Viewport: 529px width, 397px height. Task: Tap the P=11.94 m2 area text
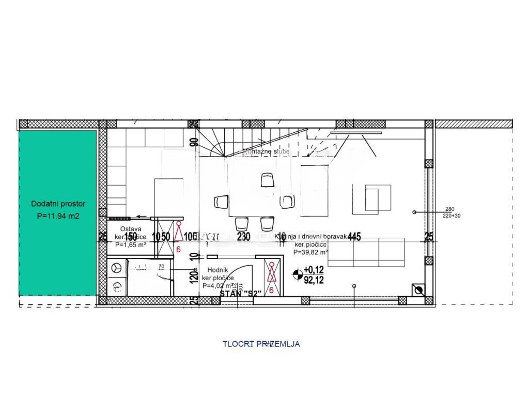coord(58,216)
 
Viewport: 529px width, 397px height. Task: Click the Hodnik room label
coord(218,270)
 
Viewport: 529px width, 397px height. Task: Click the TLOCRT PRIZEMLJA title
coord(261,343)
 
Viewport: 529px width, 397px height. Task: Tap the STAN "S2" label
coord(241,293)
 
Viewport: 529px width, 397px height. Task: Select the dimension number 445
coord(354,237)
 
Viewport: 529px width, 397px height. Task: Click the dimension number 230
coord(243,237)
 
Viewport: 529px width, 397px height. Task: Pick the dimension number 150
coord(131,237)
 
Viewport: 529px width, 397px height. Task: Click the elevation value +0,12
coord(313,269)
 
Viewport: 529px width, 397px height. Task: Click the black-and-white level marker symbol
coord(298,274)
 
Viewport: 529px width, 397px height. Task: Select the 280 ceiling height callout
coord(449,209)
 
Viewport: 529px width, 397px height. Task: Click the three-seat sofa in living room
coord(366,252)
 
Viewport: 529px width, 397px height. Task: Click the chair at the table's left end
coord(221,202)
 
